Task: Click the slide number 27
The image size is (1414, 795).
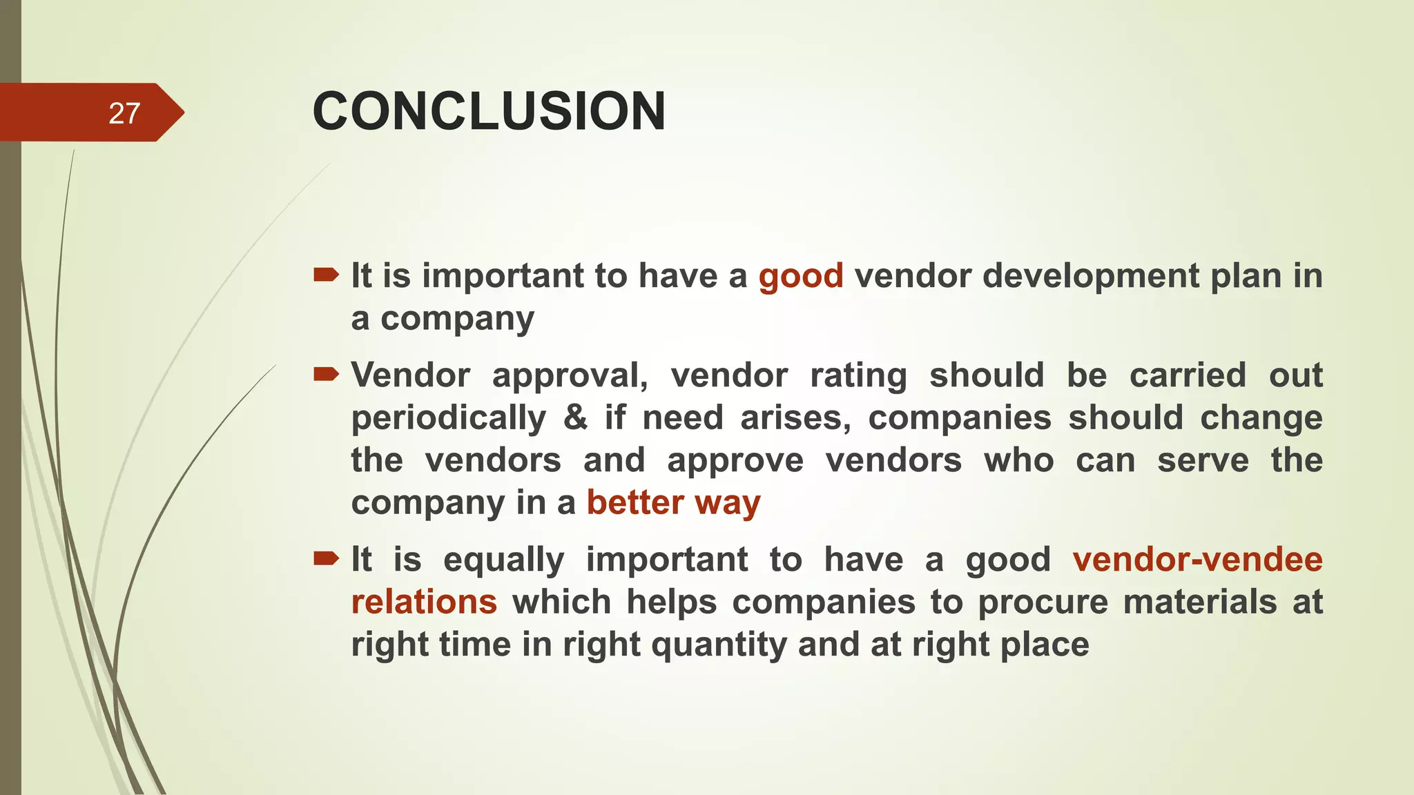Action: [124, 113]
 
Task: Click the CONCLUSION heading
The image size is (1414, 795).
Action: [489, 111]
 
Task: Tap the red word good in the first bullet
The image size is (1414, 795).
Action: [801, 276]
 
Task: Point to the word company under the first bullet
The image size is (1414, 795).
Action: [457, 319]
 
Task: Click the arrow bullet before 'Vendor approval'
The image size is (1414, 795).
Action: [326, 375]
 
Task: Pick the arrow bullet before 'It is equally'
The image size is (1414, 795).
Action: [326, 558]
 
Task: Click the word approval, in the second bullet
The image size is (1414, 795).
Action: [570, 376]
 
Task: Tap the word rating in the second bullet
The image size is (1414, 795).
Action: [858, 376]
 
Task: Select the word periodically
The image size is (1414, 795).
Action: [449, 418]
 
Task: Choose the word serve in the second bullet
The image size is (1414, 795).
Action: [1203, 460]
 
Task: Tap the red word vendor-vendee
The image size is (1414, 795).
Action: [1197, 560]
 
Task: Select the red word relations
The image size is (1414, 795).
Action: [424, 602]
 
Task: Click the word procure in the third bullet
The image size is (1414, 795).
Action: [1043, 602]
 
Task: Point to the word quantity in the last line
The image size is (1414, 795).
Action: [719, 645]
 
